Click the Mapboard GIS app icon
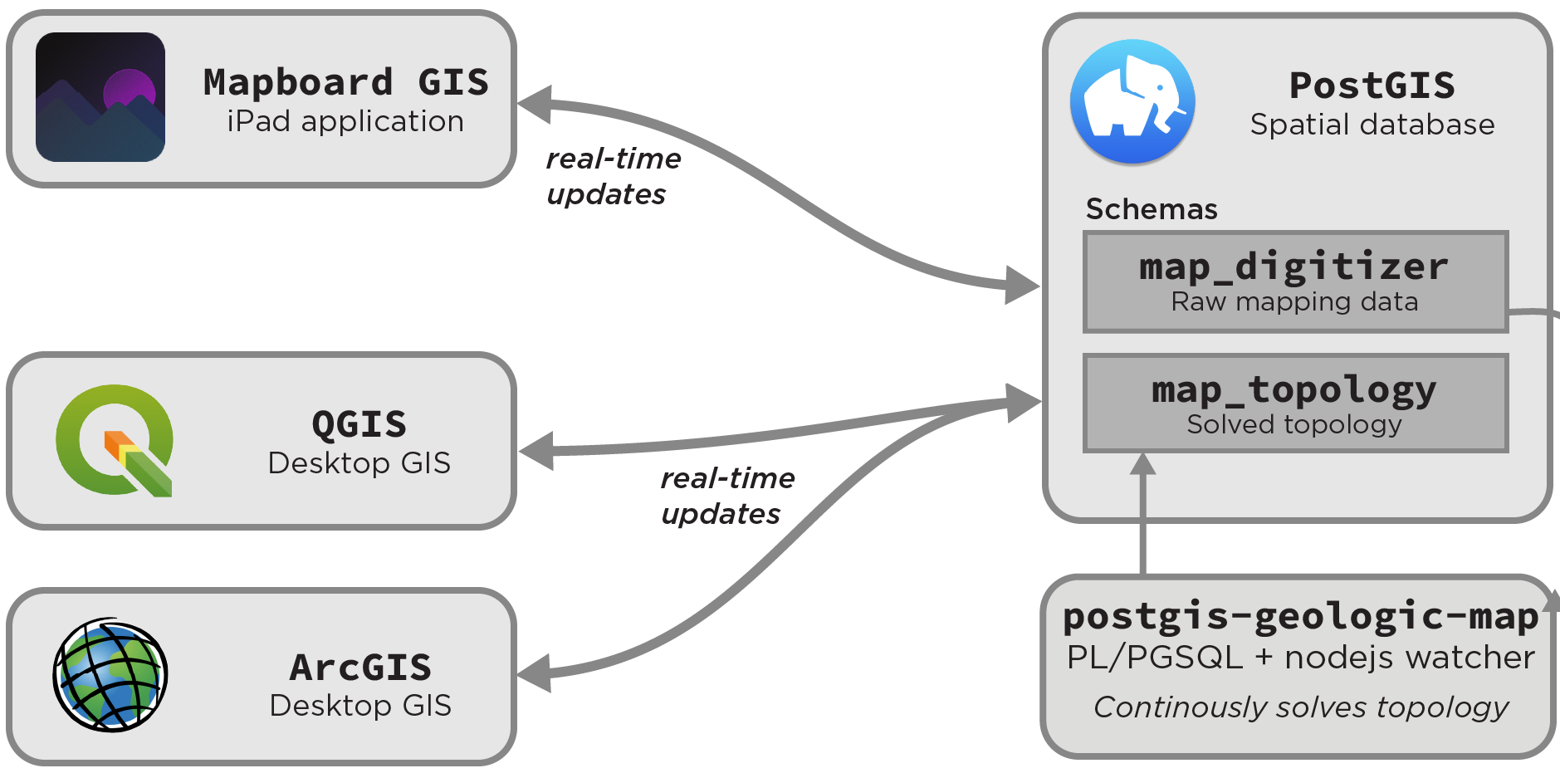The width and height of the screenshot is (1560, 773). click(x=100, y=97)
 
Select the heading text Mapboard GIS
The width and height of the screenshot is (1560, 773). click(x=345, y=82)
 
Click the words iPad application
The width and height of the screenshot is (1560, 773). click(x=345, y=122)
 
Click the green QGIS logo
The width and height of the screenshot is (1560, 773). click(x=115, y=440)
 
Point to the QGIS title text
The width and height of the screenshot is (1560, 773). click(x=359, y=424)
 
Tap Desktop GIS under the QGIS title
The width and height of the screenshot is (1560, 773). click(x=359, y=463)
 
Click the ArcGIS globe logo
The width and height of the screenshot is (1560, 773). click(x=110, y=675)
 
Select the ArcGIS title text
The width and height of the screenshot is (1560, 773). click(x=360, y=668)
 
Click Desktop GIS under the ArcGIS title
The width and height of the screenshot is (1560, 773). click(x=360, y=706)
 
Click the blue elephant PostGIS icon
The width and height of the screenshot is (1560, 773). click(x=1132, y=101)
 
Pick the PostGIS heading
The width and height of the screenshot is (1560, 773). click(x=1372, y=86)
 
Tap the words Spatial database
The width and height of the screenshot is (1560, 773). click(x=1372, y=125)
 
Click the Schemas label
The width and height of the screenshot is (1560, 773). click(x=1152, y=209)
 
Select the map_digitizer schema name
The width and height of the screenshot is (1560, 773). click(x=1293, y=267)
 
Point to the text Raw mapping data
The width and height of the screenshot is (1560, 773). click(x=1294, y=302)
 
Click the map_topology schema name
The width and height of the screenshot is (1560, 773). click(x=1293, y=390)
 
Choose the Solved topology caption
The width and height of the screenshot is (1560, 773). click(x=1294, y=425)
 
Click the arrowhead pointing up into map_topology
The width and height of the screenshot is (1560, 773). click(x=1143, y=463)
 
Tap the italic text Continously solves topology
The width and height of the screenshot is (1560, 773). click(x=1301, y=707)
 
